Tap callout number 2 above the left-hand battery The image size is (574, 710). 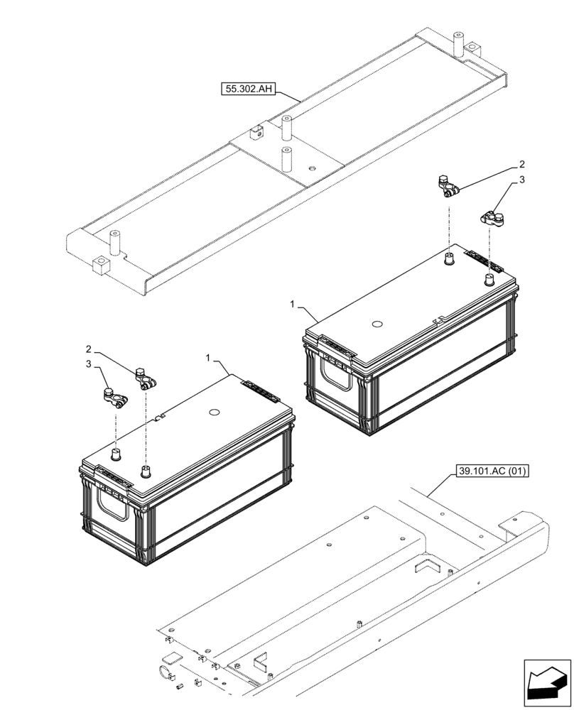pyautogui.click(x=87, y=349)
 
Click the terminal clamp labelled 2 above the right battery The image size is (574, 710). pyautogui.click(x=448, y=186)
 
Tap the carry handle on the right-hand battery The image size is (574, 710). pyautogui.click(x=337, y=371)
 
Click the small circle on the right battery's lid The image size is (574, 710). pyautogui.click(x=378, y=326)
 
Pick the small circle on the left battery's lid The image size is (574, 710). pyautogui.click(x=212, y=412)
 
